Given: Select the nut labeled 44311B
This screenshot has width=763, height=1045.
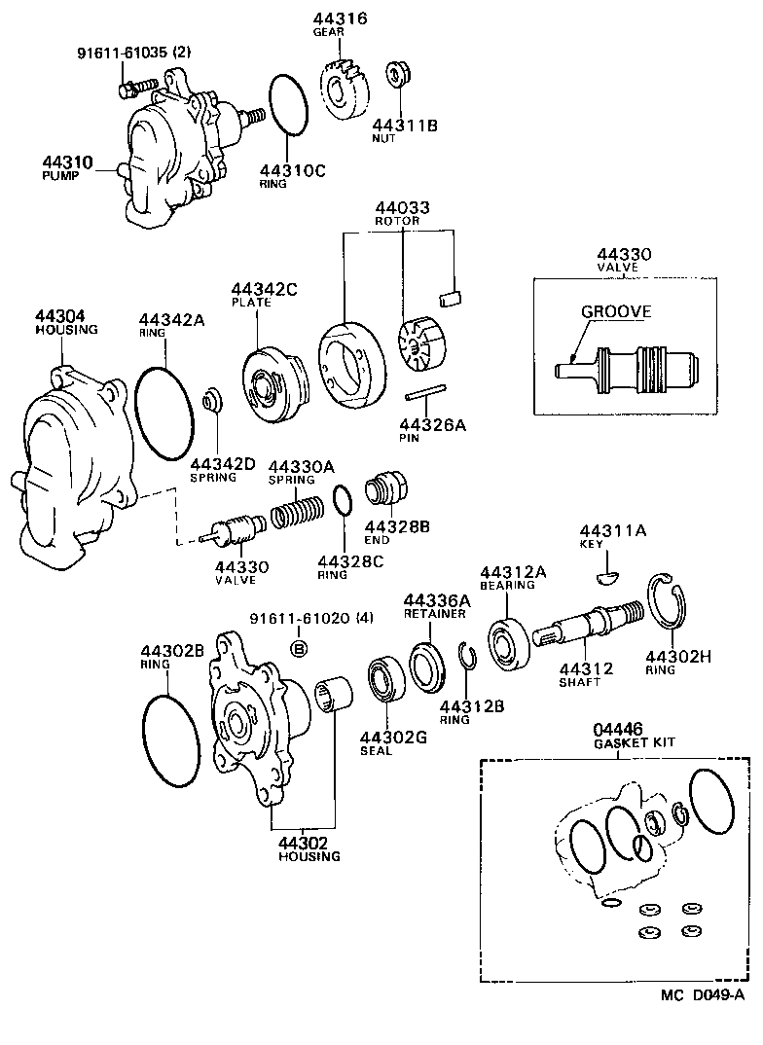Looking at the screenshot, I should click(397, 74).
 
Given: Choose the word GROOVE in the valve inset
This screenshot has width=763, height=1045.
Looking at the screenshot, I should click(616, 312).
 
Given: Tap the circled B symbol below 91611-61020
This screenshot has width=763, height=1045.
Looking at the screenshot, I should click(300, 648).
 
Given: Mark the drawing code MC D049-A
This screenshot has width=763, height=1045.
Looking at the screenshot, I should click(702, 994).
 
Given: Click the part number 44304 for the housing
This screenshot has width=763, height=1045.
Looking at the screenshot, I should click(60, 316).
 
